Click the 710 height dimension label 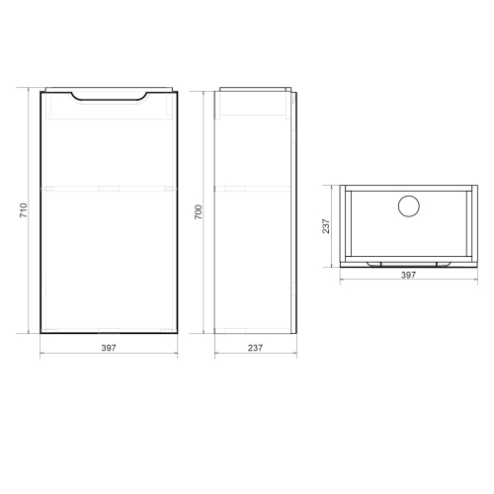pos(24,210)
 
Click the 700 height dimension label pos(199,212)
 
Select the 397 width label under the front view pos(109,348)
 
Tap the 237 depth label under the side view pos(255,348)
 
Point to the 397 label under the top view pos(408,275)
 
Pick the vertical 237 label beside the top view pos(326,226)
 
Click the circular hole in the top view pos(409,206)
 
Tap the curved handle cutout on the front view pos(109,98)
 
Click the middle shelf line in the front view pos(109,189)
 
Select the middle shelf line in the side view pos(253,189)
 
